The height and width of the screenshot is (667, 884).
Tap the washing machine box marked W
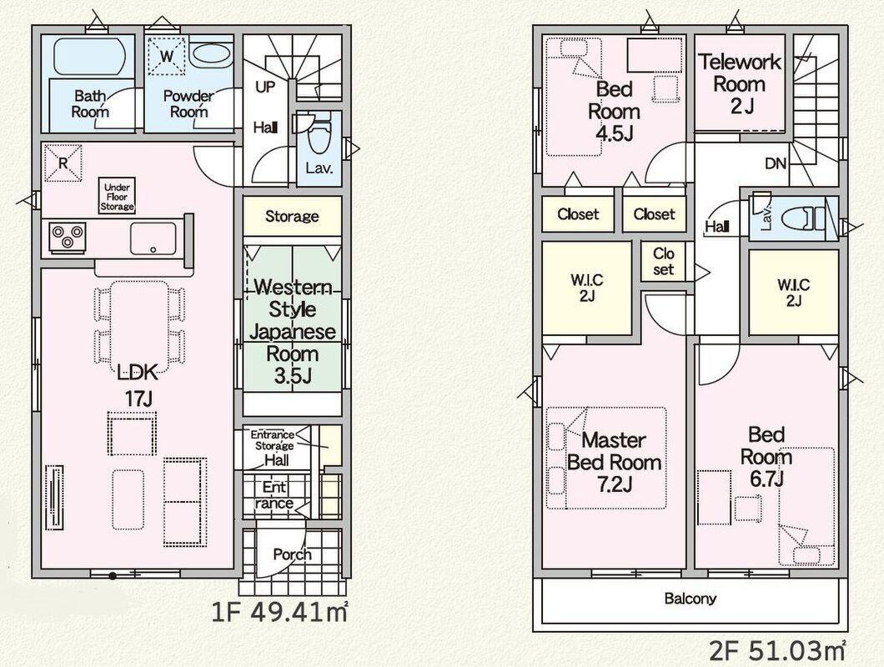(166, 56)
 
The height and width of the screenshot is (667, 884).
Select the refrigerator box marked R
(63, 163)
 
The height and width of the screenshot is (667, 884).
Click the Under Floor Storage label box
(118, 196)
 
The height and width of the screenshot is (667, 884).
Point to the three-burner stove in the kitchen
(67, 236)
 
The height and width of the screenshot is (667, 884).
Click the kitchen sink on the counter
(153, 238)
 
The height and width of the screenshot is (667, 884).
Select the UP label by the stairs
(265, 87)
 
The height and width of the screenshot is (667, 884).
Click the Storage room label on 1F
(292, 216)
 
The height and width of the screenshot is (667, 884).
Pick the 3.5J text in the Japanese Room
(293, 376)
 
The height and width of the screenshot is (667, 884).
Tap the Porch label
(292, 554)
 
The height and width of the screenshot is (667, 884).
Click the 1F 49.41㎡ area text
(279, 612)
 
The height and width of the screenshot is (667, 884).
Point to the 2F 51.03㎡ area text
(777, 652)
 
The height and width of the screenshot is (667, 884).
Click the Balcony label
(690, 599)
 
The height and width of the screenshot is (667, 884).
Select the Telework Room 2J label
(740, 83)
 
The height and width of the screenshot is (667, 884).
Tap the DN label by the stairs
(776, 164)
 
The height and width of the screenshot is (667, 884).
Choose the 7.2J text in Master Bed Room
(615, 484)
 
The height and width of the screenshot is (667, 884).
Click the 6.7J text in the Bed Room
(766, 479)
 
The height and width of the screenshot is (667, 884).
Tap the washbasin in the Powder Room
(210, 55)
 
